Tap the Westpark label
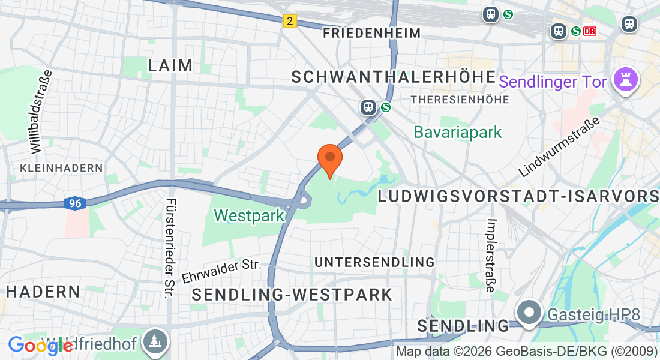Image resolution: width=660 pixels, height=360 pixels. pyautogui.click(x=249, y=215)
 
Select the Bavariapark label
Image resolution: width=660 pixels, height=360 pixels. pyautogui.click(x=458, y=132)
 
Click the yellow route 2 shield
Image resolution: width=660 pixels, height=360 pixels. pyautogui.click(x=290, y=21)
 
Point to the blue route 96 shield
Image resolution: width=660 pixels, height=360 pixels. pyautogui.click(x=74, y=204)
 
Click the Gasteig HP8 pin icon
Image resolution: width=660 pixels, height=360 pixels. pyautogui.click(x=529, y=313)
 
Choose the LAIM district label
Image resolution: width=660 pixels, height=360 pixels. pyautogui.click(x=172, y=65)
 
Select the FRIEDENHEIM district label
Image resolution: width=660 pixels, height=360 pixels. pyautogui.click(x=371, y=33)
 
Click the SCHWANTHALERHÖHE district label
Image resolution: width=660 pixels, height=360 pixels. pyautogui.click(x=394, y=77)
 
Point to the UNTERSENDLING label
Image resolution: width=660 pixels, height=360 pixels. pyautogui.click(x=374, y=262)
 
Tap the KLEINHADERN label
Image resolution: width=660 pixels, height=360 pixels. pyautogui.click(x=61, y=168)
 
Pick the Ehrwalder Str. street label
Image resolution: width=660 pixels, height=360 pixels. pyautogui.click(x=221, y=271)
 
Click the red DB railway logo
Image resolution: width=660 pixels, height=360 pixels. pyautogui.click(x=590, y=31)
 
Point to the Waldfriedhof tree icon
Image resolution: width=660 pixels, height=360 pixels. pyautogui.click(x=156, y=343)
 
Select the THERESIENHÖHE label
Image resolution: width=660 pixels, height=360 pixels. pyautogui.click(x=460, y=98)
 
